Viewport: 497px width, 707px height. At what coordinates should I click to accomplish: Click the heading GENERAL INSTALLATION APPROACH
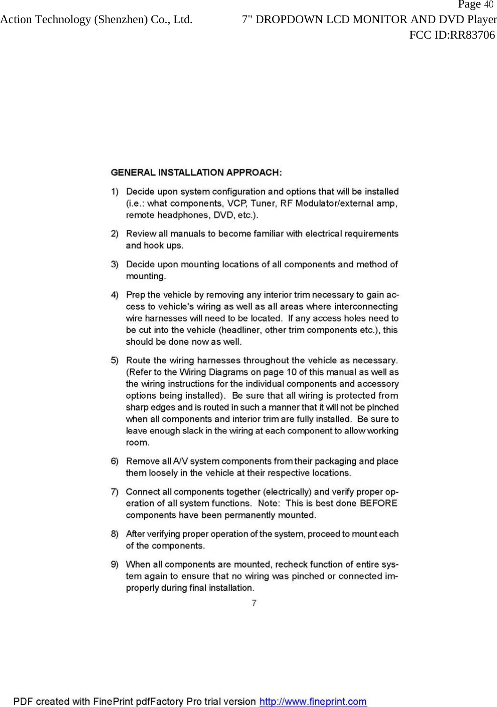tap(196, 172)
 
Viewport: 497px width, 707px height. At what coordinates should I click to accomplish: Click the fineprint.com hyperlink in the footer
tap(313, 702)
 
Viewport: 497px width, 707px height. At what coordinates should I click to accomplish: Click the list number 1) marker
tap(114, 192)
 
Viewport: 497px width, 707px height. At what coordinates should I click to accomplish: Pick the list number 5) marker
tap(114, 361)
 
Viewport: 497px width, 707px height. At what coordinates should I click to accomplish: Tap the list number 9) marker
tap(114, 564)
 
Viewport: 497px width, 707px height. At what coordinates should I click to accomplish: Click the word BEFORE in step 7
tap(378, 503)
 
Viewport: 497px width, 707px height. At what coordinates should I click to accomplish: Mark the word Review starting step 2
tap(141, 234)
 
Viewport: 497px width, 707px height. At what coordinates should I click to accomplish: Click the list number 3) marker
tap(114, 265)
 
